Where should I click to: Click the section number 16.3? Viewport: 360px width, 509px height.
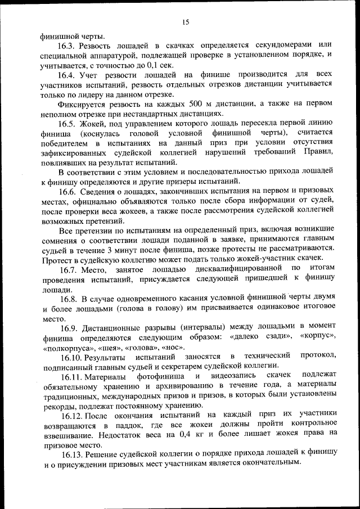(68, 44)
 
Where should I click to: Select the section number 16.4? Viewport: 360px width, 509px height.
(68, 75)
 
